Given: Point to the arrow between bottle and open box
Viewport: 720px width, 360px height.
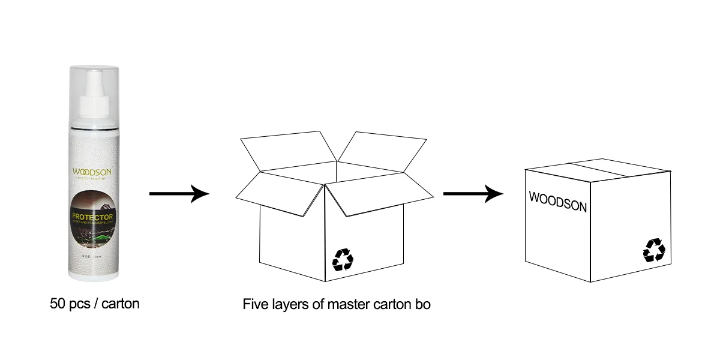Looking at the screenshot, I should point(179,194).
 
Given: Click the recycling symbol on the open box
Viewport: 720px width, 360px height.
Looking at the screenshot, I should point(343,259).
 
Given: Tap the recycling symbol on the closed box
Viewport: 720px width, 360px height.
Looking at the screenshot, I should point(654,250).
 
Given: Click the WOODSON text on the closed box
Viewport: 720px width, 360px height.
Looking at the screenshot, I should point(557,201).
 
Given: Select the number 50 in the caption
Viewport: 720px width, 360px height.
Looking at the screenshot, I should point(58,304).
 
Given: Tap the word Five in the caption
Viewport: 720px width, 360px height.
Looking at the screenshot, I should point(254,304).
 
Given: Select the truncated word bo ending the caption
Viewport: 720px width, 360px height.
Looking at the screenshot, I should point(422,304).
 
